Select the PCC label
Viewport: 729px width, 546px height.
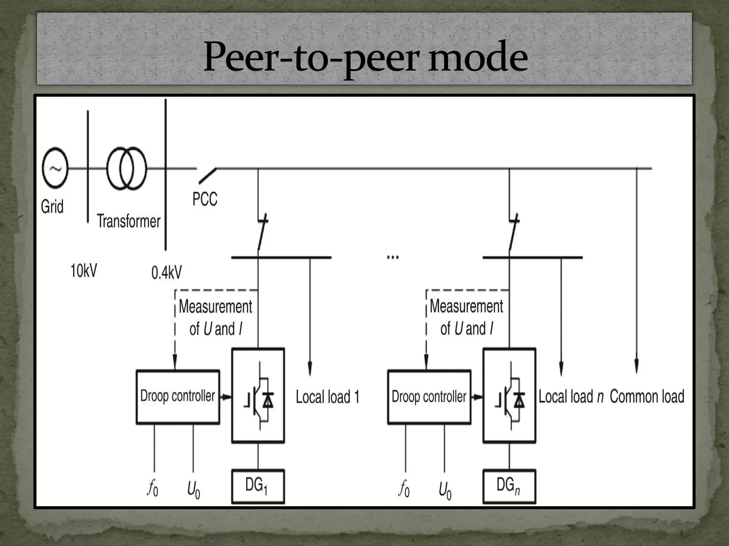click(205, 199)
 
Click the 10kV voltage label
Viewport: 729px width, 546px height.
click(84, 271)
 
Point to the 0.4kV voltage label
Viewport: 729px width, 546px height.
click(166, 273)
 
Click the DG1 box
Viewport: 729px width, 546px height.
click(258, 486)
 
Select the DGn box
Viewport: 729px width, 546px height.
click(509, 486)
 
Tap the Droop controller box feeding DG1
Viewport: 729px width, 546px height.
click(178, 397)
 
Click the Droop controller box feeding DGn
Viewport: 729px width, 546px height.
click(429, 397)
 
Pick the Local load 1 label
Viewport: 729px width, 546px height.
click(327, 397)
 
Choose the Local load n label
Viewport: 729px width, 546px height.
click(571, 397)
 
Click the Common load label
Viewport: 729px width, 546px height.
click(647, 397)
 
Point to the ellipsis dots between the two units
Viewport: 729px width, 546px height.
click(393, 257)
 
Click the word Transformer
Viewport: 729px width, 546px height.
click(129, 221)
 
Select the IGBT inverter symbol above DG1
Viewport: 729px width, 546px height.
click(258, 396)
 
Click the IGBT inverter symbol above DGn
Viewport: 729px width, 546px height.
click(509, 396)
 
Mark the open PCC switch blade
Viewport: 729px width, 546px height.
click(207, 176)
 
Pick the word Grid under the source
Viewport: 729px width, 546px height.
click(52, 207)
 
